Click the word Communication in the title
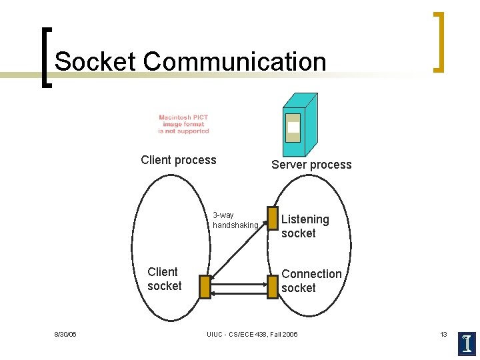tap(234, 61)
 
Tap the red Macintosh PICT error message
tap(183, 124)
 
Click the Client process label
tap(179, 160)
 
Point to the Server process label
tap(311, 165)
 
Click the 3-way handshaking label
tap(235, 220)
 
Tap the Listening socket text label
tap(305, 226)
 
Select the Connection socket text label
tap(311, 281)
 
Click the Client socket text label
tap(164, 279)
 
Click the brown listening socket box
tap(272, 217)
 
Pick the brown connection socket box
tap(272, 287)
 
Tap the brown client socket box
tap(205, 287)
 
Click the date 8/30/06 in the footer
tap(65, 334)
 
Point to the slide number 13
tap(443, 334)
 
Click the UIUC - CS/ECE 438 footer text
tap(252, 334)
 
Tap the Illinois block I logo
tap(467, 342)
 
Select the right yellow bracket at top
tap(438, 41)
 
